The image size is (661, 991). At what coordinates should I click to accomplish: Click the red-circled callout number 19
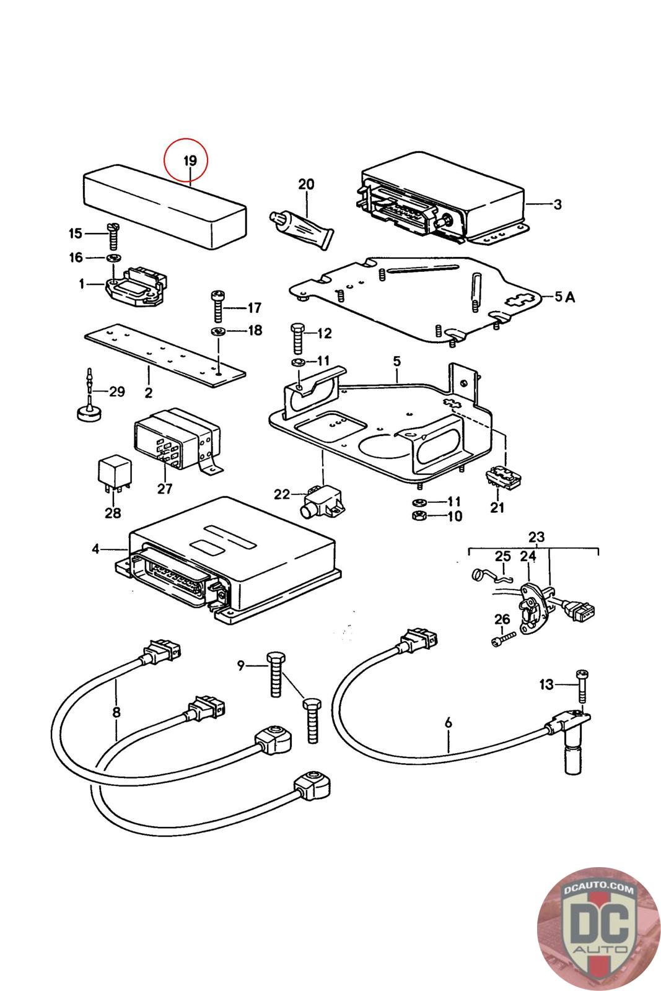(189, 160)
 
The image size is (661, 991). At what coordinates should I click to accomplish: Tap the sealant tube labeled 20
(301, 227)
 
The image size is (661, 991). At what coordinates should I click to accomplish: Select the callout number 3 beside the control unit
(558, 204)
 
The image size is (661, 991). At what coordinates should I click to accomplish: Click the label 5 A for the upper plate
(564, 297)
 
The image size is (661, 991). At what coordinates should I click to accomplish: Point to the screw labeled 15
(113, 235)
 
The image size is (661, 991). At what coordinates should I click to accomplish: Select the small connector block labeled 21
(503, 478)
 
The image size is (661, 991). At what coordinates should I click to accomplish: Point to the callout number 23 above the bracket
(536, 536)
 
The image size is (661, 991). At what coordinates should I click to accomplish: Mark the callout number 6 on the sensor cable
(448, 722)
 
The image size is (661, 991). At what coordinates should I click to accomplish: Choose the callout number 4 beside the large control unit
(95, 548)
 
